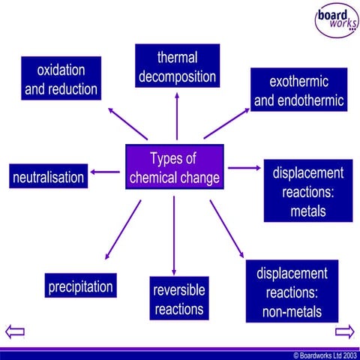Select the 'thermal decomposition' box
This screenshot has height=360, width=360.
pyautogui.click(x=177, y=67)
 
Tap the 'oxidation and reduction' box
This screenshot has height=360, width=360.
pyautogui.click(x=61, y=79)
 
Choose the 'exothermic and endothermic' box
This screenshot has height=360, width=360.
pyautogui.click(x=298, y=90)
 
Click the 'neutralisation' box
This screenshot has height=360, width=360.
pyautogui.click(x=48, y=178)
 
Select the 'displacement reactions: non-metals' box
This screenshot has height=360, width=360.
pyautogui.click(x=292, y=292)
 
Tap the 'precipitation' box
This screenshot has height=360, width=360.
pyautogui.click(x=80, y=286)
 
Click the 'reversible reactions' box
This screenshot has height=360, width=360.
pyautogui.click(x=178, y=298)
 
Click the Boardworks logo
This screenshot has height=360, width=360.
pyautogui.click(x=336, y=20)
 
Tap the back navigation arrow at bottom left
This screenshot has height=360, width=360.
pyautogui.click(x=15, y=331)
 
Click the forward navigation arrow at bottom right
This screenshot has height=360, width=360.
pyautogui.click(x=344, y=331)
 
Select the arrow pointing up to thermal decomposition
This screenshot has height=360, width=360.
pyautogui.click(x=177, y=116)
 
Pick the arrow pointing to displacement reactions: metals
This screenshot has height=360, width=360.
pyautogui.click(x=242, y=168)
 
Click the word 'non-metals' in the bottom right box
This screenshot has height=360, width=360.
pyautogui.click(x=292, y=310)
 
